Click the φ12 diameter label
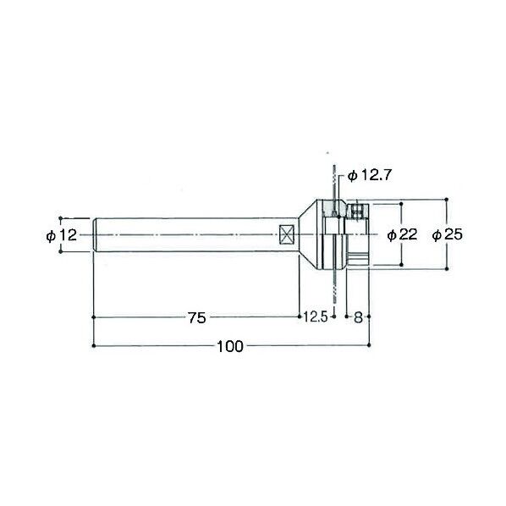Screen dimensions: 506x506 [x=62, y=235]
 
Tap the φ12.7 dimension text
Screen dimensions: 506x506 [x=370, y=176]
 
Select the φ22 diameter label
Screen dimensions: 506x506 [x=402, y=234]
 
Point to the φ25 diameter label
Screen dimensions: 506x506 [x=448, y=234]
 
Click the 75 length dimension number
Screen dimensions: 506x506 [x=197, y=318]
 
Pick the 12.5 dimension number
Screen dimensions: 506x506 [x=316, y=317]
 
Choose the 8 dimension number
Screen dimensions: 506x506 [x=358, y=317]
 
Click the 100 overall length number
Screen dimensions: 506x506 [x=230, y=347]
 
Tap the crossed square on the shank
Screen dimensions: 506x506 [x=287, y=235]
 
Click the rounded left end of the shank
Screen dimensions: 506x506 [x=95, y=235]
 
